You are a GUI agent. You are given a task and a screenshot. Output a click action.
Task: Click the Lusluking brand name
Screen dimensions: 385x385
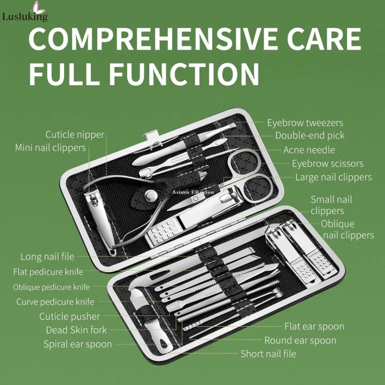click(x=25, y=17)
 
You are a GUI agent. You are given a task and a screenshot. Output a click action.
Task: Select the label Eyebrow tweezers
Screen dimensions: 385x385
click(x=305, y=123)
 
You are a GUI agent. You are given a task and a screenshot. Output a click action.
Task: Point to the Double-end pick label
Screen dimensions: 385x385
click(x=310, y=136)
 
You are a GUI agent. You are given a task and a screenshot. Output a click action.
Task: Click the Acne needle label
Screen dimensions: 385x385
click(x=309, y=150)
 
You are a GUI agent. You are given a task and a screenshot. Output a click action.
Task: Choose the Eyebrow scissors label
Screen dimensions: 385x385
click(x=327, y=164)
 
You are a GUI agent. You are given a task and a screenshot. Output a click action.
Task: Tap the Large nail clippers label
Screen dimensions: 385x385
click(x=333, y=177)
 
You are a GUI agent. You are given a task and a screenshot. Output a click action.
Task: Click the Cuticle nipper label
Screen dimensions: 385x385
click(x=75, y=135)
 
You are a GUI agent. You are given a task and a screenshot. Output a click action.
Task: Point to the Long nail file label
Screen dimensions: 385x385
click(x=48, y=257)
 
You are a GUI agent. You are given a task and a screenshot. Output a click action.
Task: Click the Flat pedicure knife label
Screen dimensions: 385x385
click(x=48, y=272)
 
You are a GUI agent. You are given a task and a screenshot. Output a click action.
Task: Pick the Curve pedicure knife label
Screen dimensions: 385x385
click(x=55, y=302)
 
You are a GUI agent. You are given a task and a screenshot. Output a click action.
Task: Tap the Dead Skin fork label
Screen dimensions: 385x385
click(x=76, y=330)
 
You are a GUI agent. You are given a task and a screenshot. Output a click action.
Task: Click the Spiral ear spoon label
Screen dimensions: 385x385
click(x=78, y=344)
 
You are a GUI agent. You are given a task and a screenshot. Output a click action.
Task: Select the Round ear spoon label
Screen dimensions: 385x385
click(x=301, y=340)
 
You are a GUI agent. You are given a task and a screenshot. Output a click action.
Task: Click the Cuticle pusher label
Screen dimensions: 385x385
click(x=70, y=316)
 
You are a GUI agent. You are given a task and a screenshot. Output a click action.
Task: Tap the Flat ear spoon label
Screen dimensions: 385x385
click(x=314, y=326)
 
